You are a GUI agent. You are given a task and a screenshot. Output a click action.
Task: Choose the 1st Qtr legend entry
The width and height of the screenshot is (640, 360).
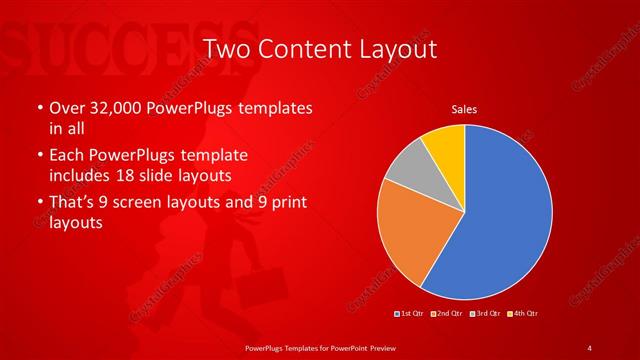click(x=412, y=314)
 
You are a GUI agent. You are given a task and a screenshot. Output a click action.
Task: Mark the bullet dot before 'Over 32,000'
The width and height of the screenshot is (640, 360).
click(x=38, y=108)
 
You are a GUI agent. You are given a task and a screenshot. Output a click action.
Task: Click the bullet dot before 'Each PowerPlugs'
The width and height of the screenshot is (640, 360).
click(x=38, y=157)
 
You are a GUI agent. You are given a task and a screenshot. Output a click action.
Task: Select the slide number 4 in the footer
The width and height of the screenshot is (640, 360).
click(x=590, y=347)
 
